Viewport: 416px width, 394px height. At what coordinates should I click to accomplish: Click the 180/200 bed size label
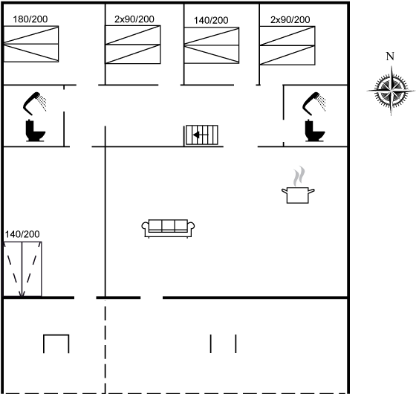[30, 19]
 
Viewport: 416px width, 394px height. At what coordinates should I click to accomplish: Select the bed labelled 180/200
[31, 44]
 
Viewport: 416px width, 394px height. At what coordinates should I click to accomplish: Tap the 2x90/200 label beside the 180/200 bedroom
[134, 19]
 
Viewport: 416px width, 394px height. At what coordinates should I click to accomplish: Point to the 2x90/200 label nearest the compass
[290, 19]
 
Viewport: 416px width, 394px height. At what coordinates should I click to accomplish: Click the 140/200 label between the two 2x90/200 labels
[211, 21]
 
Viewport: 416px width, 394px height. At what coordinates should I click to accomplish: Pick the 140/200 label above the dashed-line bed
[22, 234]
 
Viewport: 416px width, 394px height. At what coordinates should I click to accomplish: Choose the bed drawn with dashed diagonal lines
[22, 269]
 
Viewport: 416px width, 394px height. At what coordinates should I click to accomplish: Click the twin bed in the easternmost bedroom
[287, 45]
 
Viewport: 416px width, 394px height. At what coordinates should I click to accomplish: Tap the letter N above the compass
[390, 56]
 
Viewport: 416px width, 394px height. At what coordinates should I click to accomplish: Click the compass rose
[391, 91]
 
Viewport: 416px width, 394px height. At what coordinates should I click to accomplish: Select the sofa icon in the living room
[168, 228]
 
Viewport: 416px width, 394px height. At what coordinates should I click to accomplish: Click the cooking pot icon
[298, 195]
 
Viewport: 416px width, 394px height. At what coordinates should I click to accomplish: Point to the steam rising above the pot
[299, 176]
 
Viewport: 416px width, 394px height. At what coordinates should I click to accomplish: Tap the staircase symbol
[201, 135]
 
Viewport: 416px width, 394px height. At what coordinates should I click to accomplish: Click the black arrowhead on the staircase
[196, 135]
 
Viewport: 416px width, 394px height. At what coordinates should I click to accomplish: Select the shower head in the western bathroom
[34, 103]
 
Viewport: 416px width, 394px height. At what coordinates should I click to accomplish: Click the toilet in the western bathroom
[36, 131]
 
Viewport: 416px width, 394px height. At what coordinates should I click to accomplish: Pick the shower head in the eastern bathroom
[314, 103]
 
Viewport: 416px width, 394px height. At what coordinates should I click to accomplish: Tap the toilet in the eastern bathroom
[315, 131]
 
